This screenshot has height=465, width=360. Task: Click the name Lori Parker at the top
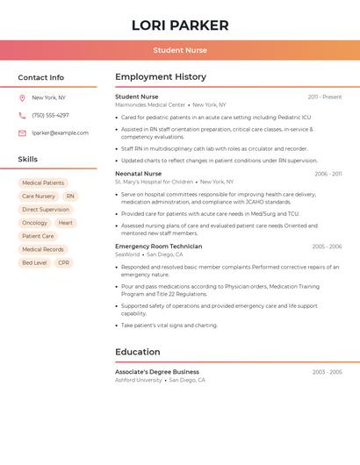coord(180,25)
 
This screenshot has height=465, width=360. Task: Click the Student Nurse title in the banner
coord(180,50)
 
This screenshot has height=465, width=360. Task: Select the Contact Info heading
coord(40,77)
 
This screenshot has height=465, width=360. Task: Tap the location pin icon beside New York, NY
coord(22,97)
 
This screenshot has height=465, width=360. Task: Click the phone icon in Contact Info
coord(22,115)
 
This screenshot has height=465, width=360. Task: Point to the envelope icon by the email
coord(22,132)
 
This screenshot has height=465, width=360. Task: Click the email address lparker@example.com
coord(60,132)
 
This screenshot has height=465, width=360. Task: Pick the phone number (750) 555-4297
coord(50,115)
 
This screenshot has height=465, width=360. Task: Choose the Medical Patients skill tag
coord(43,183)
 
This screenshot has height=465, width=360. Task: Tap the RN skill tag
coord(70,197)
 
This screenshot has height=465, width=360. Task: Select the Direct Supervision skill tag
coord(46,210)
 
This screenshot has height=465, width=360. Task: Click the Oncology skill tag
coord(34,223)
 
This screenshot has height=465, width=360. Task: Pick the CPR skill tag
coord(64,262)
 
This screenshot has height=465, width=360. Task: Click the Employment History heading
coord(161,77)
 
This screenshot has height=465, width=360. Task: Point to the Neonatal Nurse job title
coord(139,174)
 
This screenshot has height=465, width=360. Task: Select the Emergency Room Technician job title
coord(159,247)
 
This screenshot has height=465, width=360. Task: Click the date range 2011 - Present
coord(325,97)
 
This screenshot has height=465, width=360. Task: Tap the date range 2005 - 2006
coord(327,247)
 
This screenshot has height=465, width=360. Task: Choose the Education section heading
coord(138,352)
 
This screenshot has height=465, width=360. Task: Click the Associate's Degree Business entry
coord(157,372)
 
